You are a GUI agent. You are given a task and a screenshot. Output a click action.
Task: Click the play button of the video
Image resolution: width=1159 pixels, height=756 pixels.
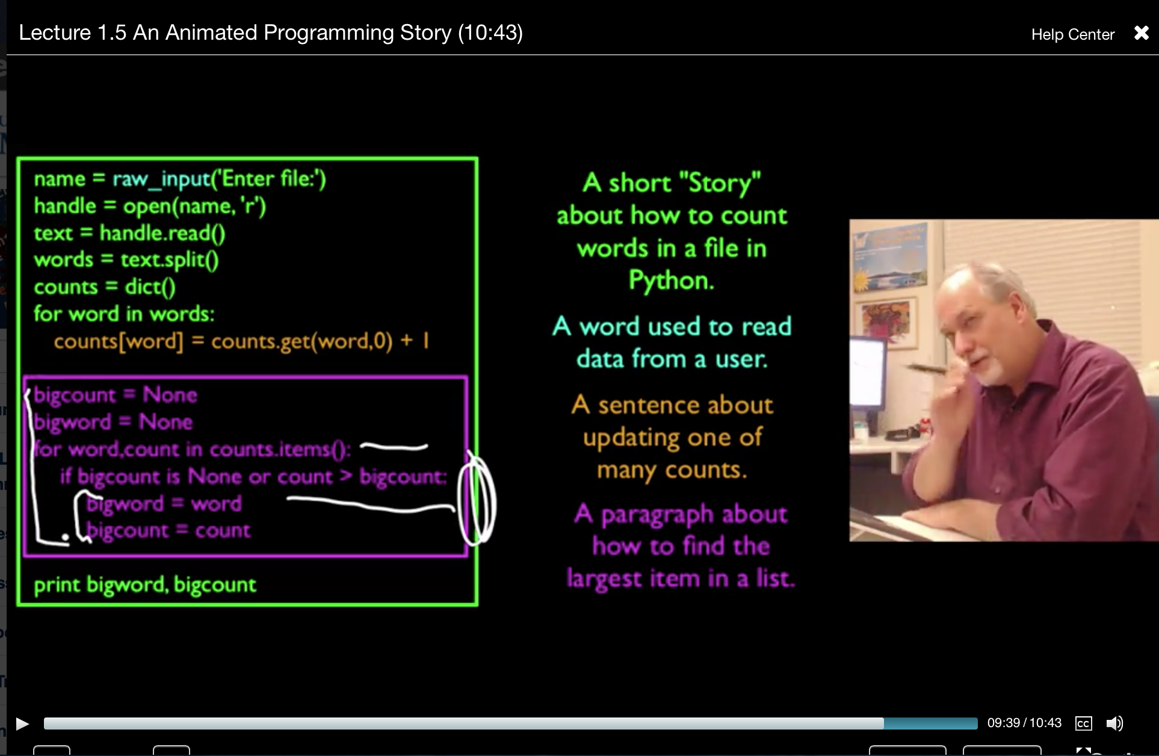[x=22, y=723]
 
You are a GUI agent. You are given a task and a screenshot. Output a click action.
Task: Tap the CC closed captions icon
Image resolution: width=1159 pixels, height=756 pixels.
[x=1083, y=723]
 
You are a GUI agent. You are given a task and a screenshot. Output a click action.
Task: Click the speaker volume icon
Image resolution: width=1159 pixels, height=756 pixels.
[x=1114, y=723]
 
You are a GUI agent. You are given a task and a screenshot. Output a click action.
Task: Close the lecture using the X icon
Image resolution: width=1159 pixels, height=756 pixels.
[x=1141, y=33]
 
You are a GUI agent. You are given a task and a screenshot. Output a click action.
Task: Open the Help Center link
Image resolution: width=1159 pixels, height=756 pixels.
[x=1073, y=34]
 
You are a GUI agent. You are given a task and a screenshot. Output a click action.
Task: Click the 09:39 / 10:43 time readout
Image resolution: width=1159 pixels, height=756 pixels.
[x=1024, y=723]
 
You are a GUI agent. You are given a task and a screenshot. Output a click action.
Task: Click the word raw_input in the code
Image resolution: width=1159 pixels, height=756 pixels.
[x=161, y=179]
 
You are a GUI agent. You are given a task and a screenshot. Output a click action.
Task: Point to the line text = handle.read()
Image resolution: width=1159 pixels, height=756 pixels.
[x=129, y=233]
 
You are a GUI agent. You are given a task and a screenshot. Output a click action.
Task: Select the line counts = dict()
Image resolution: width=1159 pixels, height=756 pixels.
[x=105, y=287]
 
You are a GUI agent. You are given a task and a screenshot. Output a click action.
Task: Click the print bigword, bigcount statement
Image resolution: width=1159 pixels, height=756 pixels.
[x=145, y=584]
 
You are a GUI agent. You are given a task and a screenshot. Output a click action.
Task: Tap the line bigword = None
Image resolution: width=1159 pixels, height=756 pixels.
[x=113, y=422]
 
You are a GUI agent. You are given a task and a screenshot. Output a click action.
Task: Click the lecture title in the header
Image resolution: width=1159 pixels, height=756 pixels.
[x=271, y=33]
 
